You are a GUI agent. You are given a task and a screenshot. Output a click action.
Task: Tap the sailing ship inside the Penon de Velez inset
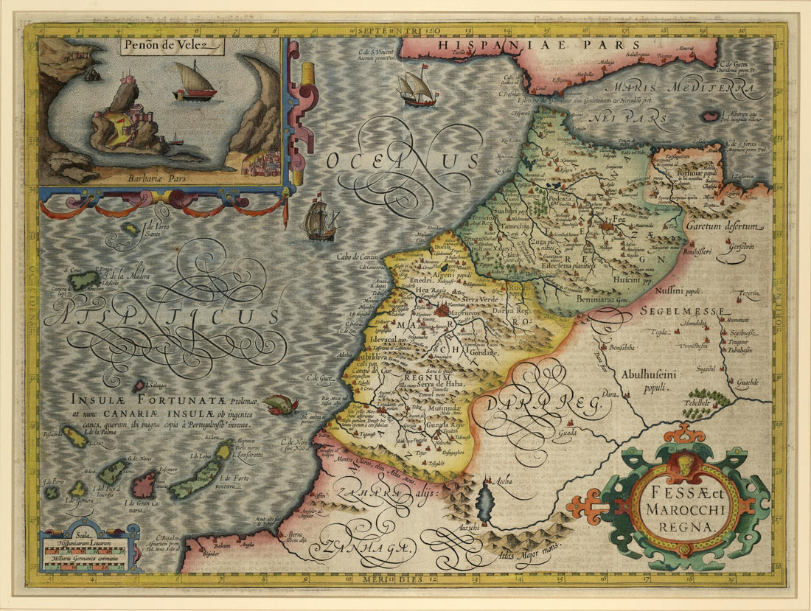195,83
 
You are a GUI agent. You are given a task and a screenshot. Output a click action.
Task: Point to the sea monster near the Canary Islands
280,404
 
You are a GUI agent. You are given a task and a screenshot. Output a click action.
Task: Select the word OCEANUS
404,160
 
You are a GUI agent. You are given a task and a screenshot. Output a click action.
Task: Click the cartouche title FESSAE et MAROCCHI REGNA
676,507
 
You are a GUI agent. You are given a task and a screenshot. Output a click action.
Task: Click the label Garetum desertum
722,226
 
